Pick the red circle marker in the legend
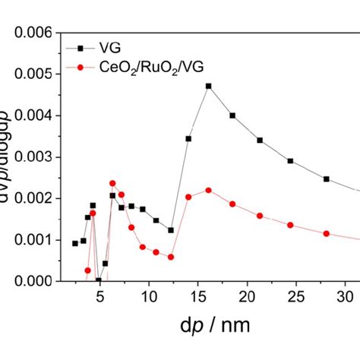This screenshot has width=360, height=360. (x=87, y=67)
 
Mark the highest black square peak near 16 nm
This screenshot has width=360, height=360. (x=209, y=86)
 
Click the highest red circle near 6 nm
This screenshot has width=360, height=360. (x=112, y=183)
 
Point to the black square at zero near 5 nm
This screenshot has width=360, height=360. (x=99, y=280)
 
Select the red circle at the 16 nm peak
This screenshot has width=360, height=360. (x=209, y=190)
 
